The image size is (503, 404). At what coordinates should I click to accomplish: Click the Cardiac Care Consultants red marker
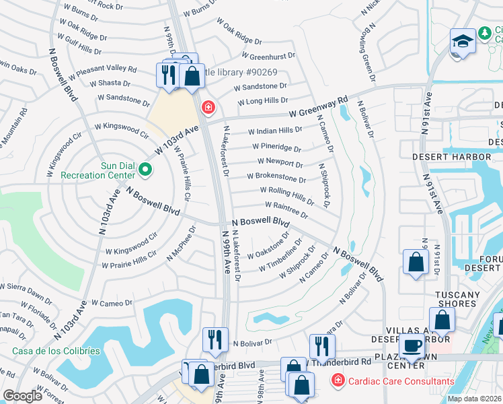[x=337, y=382]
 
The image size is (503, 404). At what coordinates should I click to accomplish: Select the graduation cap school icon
[x=462, y=42]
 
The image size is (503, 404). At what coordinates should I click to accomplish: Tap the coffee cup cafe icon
[x=411, y=346]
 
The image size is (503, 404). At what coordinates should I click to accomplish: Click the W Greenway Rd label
[x=318, y=108]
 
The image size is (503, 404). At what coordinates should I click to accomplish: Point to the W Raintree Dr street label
[x=286, y=209]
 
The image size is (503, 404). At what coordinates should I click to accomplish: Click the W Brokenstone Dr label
[x=276, y=178]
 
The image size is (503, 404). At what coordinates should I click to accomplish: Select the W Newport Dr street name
[x=280, y=162]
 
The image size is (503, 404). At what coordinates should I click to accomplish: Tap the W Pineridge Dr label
[x=276, y=147]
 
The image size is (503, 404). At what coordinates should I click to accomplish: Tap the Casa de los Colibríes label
[x=56, y=351]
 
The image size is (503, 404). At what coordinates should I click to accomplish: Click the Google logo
[x=22, y=396]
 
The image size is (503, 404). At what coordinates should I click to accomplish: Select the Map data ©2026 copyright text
[x=474, y=399]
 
